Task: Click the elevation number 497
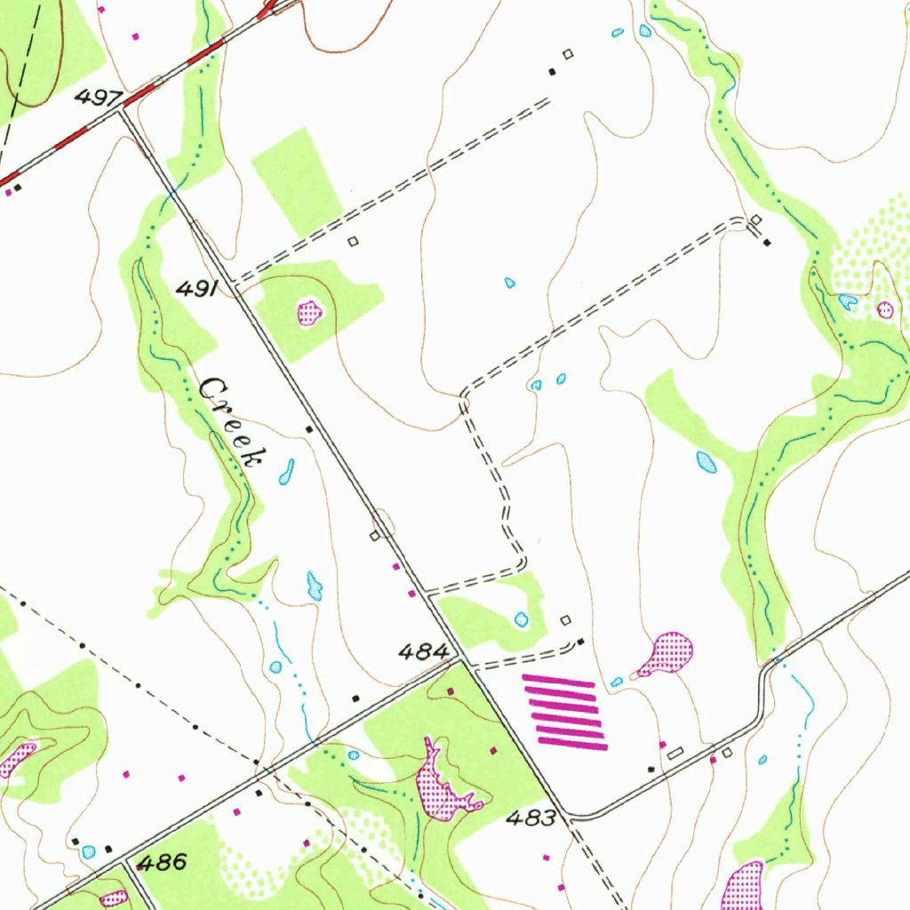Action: [x=93, y=97]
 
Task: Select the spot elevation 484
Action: [x=422, y=653]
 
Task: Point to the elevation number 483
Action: [x=530, y=818]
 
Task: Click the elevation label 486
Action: [x=162, y=861]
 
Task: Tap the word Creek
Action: [x=232, y=421]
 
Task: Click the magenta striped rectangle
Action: [x=565, y=711]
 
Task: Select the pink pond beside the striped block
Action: [x=667, y=653]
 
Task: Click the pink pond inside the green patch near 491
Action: [x=309, y=312]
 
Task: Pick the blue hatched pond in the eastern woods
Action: [x=706, y=462]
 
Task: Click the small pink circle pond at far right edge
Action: [x=885, y=309]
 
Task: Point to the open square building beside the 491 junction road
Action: [x=353, y=241]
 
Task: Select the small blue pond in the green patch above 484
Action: [x=521, y=619]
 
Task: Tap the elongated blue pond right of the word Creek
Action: [x=286, y=473]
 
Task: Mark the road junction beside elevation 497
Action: [x=122, y=109]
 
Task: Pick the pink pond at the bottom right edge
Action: [x=743, y=887]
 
